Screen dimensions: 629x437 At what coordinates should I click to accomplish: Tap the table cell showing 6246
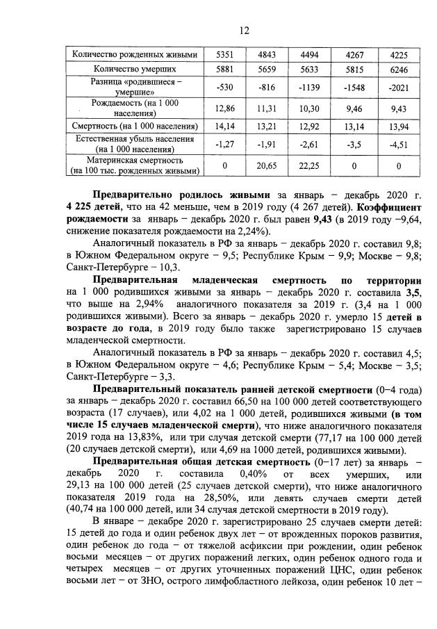point(399,70)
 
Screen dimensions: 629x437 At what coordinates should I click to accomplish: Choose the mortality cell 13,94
point(399,126)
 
